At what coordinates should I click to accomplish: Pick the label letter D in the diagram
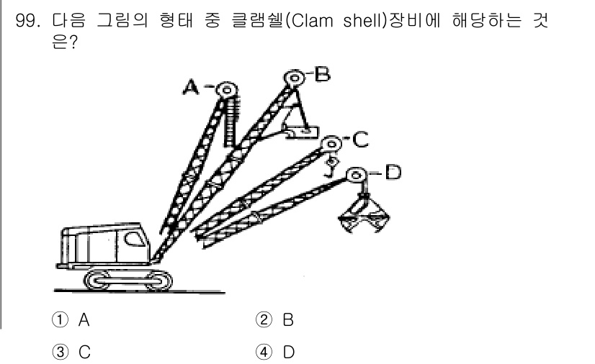392,173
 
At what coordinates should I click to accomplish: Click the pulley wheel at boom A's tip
226,89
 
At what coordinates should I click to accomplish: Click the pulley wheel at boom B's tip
292,77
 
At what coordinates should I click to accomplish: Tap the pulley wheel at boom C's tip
331,142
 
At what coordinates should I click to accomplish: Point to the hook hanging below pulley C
332,167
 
